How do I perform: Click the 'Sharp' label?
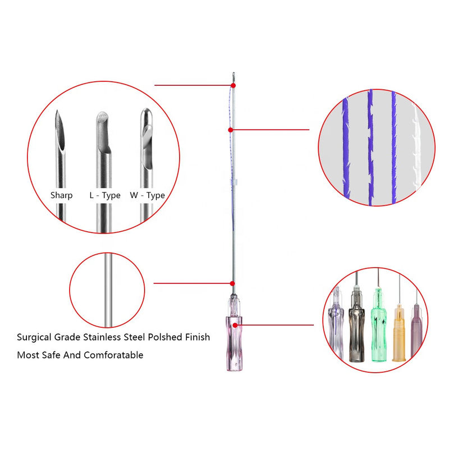coord(61,195)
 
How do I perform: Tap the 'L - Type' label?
coord(105,195)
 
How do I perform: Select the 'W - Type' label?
coord(147,195)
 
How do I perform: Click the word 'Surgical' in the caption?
coord(34,337)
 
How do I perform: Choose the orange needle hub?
coord(399,333)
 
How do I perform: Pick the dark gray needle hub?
coord(356,324)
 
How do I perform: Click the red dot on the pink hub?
coord(235,326)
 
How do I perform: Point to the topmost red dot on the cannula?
coord(233,85)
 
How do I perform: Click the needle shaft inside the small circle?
coord(108,290)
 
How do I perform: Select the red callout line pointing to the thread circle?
coord(271,130)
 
